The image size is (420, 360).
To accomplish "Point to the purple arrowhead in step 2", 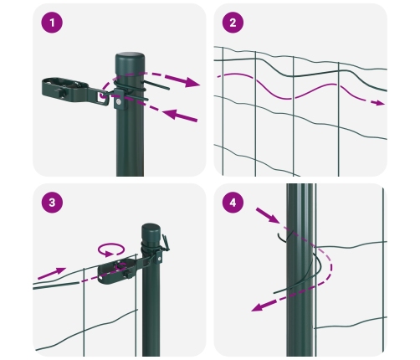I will tap(381, 103).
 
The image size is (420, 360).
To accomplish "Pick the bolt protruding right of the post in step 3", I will tap(170, 244).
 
